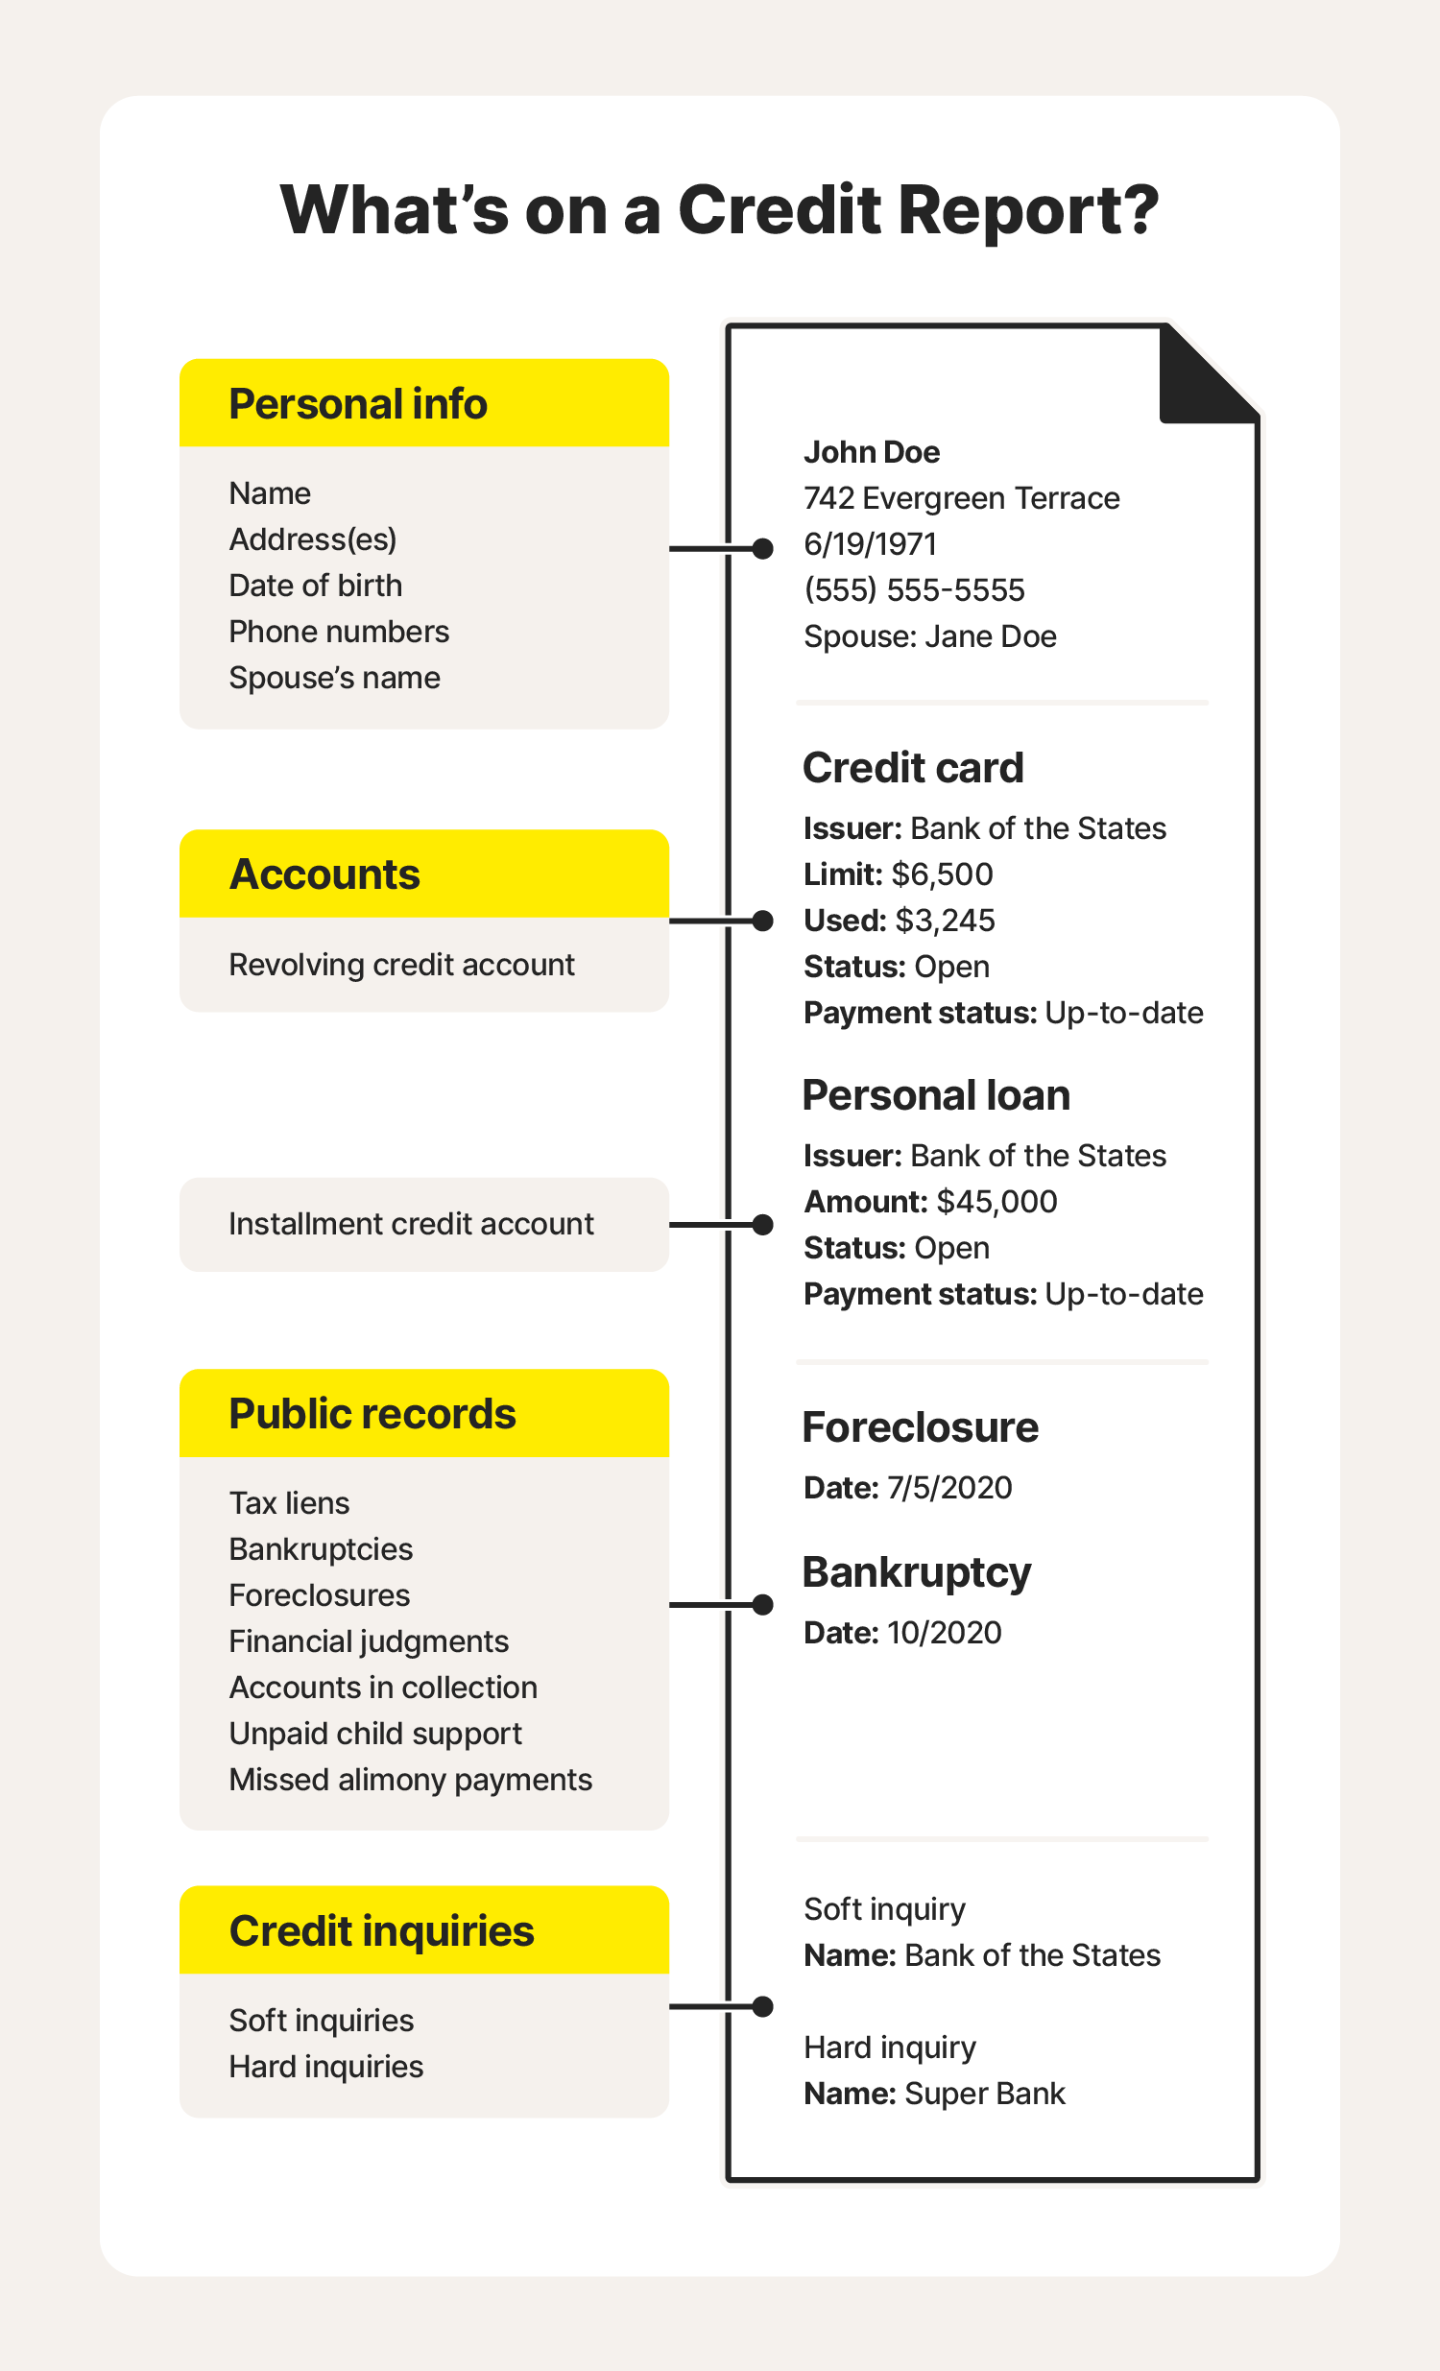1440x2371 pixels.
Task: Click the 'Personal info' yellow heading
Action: point(358,404)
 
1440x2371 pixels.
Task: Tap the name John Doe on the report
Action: point(871,452)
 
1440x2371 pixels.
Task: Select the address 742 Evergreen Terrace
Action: point(961,498)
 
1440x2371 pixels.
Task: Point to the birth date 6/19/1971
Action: point(869,544)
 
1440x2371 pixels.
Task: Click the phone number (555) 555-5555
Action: point(914,589)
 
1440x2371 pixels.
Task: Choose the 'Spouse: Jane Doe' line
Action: point(929,636)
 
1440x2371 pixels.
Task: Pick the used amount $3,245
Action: point(945,920)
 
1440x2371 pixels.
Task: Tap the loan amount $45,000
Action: point(996,1201)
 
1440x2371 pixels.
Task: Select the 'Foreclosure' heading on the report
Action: point(920,1427)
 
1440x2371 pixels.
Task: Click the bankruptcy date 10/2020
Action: point(944,1632)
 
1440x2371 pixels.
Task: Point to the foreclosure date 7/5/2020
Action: point(949,1488)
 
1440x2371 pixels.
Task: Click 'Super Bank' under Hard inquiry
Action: point(985,2093)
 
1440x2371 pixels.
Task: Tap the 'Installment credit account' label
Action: point(411,1224)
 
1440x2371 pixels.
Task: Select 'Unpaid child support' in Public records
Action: point(375,1733)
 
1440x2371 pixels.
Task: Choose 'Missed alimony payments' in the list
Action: point(410,1780)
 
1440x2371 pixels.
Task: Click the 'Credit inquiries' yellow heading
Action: point(381,1931)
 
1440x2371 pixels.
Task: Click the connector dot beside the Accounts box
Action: point(762,921)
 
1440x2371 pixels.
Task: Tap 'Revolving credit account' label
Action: point(401,964)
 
